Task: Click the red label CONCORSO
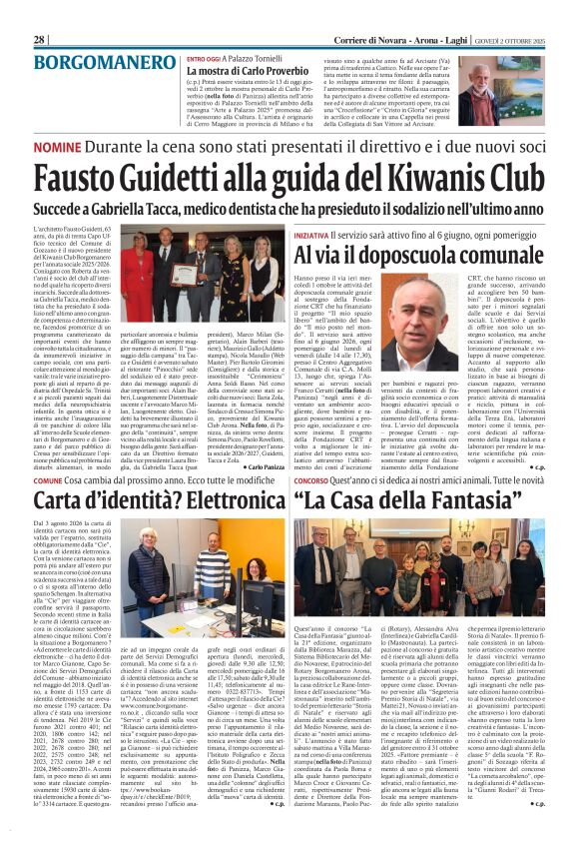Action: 309,480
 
